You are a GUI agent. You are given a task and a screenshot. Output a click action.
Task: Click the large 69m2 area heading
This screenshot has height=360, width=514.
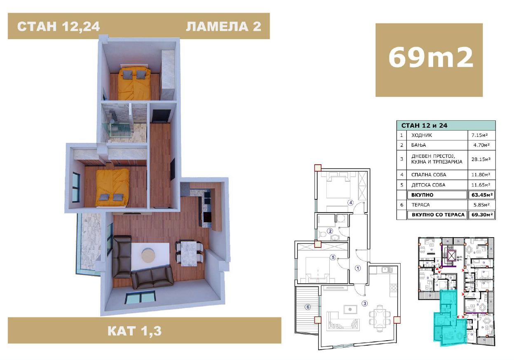431,58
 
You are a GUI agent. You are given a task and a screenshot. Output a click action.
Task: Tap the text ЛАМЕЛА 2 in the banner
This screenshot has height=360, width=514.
223,26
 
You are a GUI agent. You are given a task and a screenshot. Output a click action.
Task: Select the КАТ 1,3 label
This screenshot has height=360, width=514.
134,331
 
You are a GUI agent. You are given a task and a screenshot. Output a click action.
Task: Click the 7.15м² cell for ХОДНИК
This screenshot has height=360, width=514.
479,135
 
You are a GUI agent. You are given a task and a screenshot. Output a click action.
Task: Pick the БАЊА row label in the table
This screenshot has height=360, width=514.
418,145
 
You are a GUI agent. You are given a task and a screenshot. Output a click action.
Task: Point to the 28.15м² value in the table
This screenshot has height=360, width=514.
481,159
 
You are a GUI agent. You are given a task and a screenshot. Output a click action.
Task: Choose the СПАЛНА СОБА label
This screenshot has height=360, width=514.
429,175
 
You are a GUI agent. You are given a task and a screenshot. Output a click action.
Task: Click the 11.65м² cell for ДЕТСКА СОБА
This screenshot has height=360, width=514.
481,185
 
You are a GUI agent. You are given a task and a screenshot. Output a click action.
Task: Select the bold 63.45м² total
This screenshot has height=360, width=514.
482,195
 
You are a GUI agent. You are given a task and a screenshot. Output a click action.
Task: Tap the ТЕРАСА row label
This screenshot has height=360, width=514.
420,205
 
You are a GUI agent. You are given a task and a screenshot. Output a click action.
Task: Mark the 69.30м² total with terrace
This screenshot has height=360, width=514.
482,215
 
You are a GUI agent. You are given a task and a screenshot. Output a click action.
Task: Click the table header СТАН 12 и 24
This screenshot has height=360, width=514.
424,126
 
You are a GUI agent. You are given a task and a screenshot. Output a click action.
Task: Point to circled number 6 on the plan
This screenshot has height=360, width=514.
308,307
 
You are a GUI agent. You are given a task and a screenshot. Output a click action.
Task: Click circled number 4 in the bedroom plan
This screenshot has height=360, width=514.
350,203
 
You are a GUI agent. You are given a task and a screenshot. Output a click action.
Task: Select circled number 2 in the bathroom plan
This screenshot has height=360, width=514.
330,231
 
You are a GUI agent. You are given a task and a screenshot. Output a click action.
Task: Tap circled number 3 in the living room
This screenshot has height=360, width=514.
364,304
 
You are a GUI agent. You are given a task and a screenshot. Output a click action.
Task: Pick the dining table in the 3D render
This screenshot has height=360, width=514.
189,253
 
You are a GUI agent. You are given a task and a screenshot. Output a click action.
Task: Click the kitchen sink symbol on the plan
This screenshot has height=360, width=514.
387,270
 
